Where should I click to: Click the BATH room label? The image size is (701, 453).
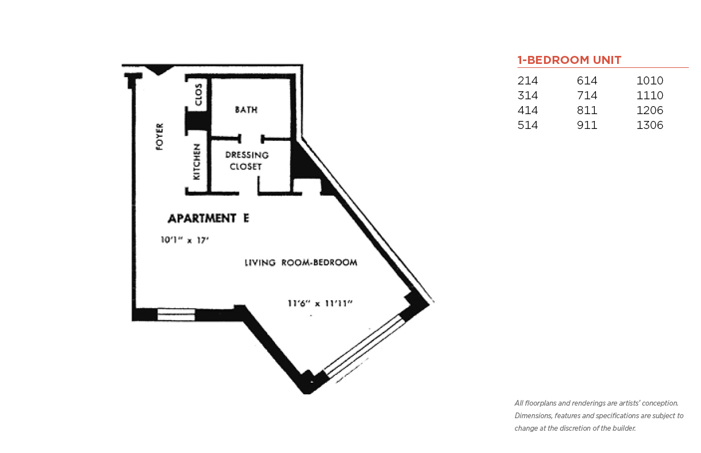[246, 110]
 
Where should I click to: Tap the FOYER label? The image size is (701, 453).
[160, 136]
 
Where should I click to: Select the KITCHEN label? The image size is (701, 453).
[196, 161]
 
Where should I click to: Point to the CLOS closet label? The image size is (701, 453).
[199, 95]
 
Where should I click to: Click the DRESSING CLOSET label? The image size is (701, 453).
[247, 161]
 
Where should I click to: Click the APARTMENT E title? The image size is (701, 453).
[208, 219]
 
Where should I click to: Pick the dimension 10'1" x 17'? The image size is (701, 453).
[184, 240]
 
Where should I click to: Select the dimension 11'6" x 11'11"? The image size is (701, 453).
[320, 303]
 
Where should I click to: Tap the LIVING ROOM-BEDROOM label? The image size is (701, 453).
[301, 262]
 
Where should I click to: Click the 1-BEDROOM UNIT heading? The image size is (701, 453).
[569, 60]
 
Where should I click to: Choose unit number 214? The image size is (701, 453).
[527, 80]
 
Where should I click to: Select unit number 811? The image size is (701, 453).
[587, 110]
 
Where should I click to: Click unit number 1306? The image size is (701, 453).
[650, 125]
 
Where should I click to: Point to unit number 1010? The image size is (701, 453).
[650, 80]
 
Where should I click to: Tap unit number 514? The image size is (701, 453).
[527, 125]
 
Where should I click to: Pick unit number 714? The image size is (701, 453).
[587, 95]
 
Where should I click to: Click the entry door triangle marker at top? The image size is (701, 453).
[159, 70]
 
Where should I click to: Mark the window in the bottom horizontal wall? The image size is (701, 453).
[176, 315]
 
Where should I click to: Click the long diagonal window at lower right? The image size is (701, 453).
[364, 345]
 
